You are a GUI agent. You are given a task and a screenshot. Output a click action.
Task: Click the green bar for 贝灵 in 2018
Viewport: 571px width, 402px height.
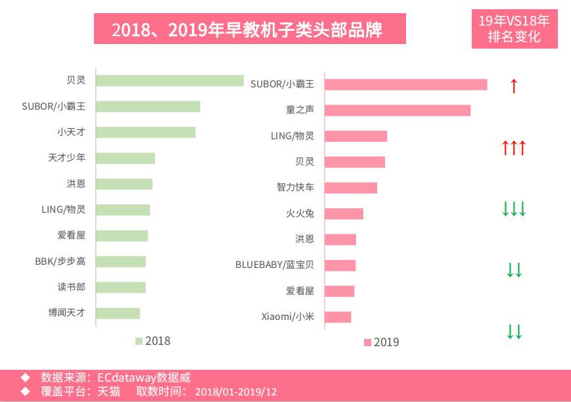170,81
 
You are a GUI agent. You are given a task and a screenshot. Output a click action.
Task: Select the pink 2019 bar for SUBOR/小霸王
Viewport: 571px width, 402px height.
406,84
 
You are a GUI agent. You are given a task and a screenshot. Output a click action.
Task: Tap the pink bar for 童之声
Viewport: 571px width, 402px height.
398,110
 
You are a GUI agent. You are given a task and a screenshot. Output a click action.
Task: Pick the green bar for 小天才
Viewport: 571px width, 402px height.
145,132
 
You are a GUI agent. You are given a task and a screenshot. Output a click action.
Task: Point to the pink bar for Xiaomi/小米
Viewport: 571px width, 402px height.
338,317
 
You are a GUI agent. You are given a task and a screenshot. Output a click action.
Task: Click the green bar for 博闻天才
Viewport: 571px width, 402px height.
118,313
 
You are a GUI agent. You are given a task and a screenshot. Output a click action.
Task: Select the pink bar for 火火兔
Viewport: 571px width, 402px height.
344,213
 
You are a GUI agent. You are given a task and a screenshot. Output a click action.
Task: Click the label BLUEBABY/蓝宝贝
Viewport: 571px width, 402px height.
275,265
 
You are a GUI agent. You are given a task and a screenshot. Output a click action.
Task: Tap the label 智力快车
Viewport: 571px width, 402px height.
295,188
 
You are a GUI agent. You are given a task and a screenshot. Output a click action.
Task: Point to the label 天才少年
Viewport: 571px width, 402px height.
66,158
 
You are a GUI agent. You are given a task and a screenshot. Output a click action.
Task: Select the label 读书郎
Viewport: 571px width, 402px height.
71,288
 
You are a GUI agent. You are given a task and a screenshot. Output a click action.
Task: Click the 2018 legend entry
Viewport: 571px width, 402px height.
152,341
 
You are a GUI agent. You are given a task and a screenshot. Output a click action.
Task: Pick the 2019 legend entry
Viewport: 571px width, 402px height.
381,342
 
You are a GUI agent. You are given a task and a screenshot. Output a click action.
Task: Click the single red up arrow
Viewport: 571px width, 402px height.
514,85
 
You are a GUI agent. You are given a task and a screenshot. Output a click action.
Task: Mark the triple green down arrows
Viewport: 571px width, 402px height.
514,210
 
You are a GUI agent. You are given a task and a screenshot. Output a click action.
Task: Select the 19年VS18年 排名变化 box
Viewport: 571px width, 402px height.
514,29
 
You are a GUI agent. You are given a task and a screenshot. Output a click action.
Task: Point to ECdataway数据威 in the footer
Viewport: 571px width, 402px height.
143,378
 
